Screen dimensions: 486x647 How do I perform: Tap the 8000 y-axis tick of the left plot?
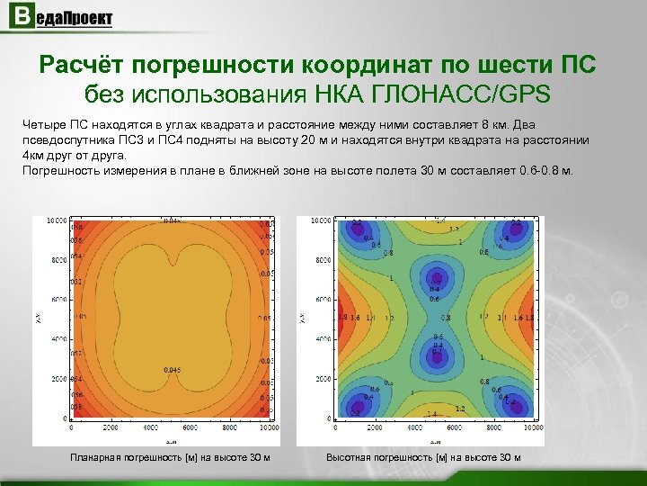click(58, 259)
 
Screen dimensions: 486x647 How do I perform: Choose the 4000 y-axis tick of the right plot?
click(323, 339)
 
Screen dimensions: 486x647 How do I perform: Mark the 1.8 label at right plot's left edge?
click(342, 318)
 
